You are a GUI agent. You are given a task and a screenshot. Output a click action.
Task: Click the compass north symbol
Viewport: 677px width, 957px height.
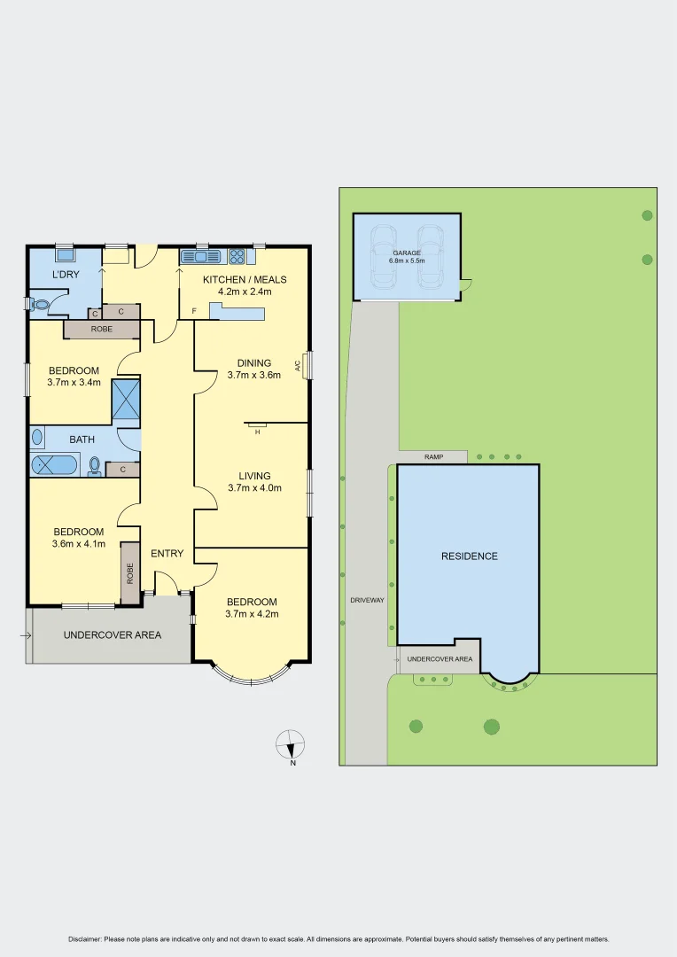[x=291, y=743]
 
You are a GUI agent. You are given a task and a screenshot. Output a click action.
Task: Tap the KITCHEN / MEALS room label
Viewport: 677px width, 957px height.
[x=245, y=279]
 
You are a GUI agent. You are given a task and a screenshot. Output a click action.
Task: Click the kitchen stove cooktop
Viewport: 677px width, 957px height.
[x=237, y=257]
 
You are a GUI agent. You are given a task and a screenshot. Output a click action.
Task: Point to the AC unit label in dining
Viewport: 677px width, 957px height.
[x=299, y=364]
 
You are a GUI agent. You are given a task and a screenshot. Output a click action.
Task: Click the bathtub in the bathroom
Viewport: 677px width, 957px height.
[x=55, y=464]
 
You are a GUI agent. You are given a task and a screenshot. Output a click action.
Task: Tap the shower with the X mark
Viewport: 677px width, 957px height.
[x=125, y=399]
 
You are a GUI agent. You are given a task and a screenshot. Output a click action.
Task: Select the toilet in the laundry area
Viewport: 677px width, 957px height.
[x=38, y=304]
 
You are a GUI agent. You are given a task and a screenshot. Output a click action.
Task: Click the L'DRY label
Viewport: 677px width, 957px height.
[x=66, y=275]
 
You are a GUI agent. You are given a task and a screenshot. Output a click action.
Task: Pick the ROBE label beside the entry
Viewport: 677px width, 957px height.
[x=130, y=572]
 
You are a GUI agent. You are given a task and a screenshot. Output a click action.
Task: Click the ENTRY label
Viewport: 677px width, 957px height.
[x=167, y=554]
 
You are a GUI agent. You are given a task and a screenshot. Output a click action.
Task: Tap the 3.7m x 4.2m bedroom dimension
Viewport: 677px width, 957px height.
[x=252, y=614]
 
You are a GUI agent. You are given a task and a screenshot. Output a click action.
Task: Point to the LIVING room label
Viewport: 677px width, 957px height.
[x=253, y=476]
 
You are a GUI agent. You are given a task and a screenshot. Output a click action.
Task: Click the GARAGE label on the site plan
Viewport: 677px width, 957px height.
[x=408, y=253]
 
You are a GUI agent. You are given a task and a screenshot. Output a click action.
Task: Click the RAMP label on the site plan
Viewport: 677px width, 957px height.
[x=433, y=457]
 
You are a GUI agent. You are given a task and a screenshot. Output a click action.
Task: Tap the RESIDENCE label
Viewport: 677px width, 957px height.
[x=469, y=556]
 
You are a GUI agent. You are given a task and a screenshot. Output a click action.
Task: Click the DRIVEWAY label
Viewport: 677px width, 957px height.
[x=367, y=600]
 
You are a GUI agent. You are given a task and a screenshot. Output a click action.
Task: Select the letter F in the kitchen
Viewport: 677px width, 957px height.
[x=194, y=311]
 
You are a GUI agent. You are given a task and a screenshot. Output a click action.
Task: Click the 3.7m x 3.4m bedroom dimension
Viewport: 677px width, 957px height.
[x=74, y=383]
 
